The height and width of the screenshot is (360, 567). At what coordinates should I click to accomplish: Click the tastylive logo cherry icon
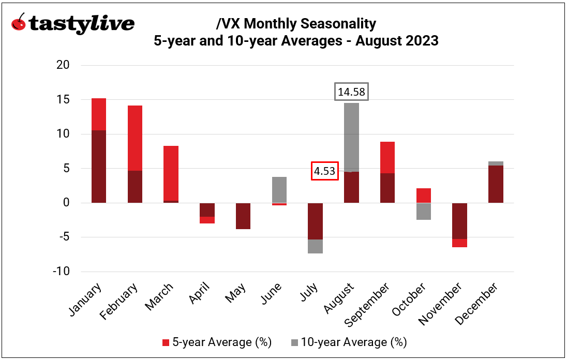[x=19, y=24]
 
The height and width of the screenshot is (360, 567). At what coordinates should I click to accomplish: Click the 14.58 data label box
[x=351, y=92]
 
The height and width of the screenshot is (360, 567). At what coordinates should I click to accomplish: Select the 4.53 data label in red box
[x=325, y=171]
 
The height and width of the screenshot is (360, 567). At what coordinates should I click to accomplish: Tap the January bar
[x=98, y=155]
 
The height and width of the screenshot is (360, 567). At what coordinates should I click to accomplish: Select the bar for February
[x=135, y=155]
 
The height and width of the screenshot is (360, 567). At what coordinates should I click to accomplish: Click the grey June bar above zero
[x=279, y=189]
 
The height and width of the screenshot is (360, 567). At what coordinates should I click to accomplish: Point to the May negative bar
[x=243, y=216]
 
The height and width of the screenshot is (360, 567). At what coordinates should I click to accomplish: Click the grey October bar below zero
[x=424, y=211]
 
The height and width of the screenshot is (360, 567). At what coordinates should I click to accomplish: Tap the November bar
[x=460, y=222]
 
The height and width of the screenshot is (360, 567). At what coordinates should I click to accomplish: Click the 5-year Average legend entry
[x=217, y=342]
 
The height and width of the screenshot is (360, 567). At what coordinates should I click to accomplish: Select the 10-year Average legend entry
[x=350, y=342]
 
